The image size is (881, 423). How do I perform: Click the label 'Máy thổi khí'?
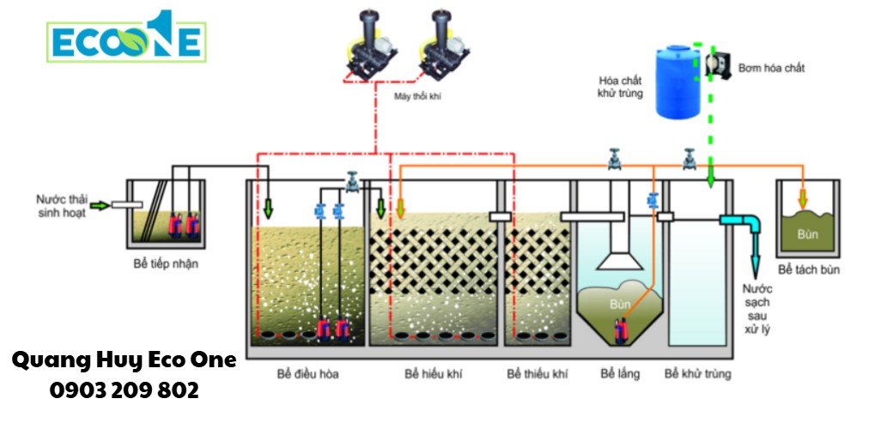pos(417,97)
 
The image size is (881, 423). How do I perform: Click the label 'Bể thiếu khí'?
pos(538,374)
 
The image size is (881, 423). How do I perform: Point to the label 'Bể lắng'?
pos(620,374)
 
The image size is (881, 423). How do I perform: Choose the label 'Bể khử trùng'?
pos(697,374)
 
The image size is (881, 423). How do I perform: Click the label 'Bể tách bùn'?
pos(809,270)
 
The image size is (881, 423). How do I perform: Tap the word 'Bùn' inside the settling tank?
pos(620,304)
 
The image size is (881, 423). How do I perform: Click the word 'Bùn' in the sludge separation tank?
pos(808,233)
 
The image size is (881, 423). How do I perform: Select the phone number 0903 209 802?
pos(125,390)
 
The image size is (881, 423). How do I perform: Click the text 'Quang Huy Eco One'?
pos(125,360)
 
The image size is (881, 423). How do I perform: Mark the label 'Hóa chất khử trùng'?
pos(619,86)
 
